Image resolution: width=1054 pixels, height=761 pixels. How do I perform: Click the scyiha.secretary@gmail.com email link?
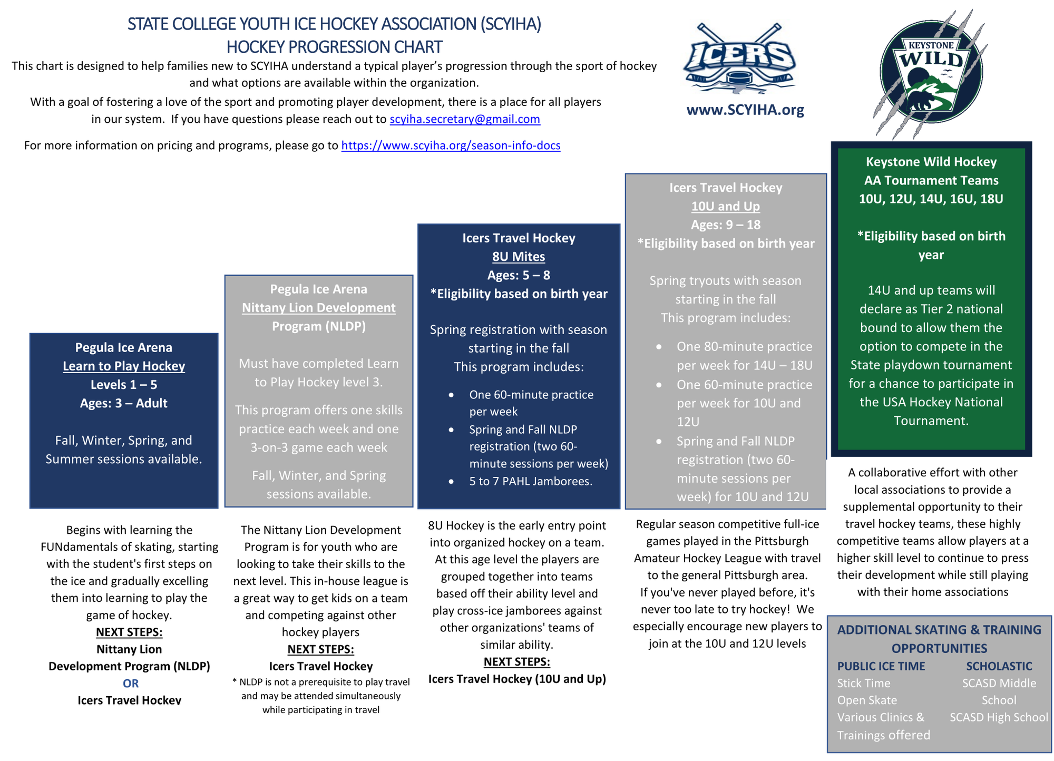(x=464, y=119)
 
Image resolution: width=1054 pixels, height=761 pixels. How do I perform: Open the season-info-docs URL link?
(x=451, y=145)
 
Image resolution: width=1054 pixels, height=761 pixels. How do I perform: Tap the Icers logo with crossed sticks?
(x=739, y=58)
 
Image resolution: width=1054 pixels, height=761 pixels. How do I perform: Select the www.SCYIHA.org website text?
(x=745, y=110)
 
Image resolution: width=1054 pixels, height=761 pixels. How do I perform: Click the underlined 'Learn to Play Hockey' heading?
(x=124, y=366)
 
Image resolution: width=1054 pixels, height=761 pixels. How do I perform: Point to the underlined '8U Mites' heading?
(x=519, y=257)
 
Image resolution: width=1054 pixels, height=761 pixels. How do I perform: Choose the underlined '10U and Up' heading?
(x=725, y=206)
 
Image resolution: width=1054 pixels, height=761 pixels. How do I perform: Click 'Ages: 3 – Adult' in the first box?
(x=124, y=403)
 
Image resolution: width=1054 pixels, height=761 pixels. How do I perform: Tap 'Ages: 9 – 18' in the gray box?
(x=725, y=225)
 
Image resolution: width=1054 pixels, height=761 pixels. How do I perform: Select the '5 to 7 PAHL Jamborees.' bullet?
(x=531, y=481)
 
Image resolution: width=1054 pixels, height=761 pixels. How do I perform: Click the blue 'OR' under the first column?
(x=130, y=684)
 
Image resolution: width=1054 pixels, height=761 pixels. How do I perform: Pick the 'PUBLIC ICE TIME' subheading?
(x=881, y=666)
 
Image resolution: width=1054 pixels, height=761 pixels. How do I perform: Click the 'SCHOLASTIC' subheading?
(x=999, y=666)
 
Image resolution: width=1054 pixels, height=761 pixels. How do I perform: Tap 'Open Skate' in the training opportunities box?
(x=866, y=700)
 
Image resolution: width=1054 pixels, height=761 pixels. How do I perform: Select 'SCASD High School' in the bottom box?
(x=998, y=717)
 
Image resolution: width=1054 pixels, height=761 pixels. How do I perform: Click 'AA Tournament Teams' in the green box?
(x=931, y=180)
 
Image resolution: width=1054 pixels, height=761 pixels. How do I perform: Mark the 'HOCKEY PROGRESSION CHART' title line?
(x=334, y=47)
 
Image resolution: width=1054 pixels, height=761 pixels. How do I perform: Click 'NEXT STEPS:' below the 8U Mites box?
(x=516, y=662)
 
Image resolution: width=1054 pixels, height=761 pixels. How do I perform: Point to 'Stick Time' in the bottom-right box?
(x=863, y=684)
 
